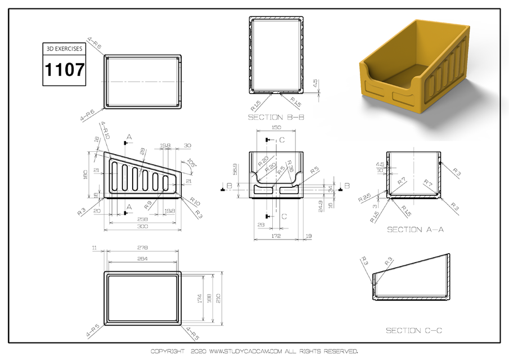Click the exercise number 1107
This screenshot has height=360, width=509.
65,70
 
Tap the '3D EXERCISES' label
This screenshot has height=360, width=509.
65,49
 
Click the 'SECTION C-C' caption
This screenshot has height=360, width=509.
413,330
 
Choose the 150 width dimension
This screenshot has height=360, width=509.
276,128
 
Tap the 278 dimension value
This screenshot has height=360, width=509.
143,247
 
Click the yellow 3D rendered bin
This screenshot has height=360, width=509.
413,67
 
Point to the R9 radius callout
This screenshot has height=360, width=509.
147,203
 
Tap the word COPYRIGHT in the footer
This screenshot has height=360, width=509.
167,352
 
